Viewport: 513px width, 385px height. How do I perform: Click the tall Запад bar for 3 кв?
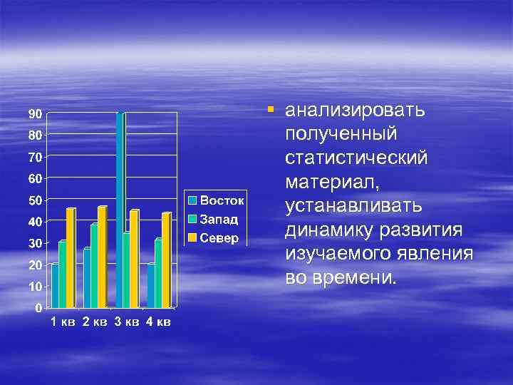[x=120, y=210]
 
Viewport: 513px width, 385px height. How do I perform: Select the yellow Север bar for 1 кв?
[x=70, y=258]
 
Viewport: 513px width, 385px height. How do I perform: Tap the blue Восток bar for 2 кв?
[x=87, y=278]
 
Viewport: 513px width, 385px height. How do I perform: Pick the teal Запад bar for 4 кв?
[x=158, y=273]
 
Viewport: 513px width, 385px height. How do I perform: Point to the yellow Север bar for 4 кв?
[x=166, y=260]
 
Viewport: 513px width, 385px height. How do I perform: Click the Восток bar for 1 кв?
[x=55, y=286]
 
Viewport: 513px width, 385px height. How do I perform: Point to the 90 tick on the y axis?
[x=34, y=113]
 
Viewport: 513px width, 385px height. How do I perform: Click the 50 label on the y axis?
[x=34, y=200]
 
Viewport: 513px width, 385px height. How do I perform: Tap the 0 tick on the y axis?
[x=37, y=308]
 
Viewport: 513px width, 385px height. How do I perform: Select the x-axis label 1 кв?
[x=62, y=322]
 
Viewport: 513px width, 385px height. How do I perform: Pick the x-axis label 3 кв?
[x=126, y=322]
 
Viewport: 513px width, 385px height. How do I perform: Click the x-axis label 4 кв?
[x=157, y=322]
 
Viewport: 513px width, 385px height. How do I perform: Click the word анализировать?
[x=355, y=112]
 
